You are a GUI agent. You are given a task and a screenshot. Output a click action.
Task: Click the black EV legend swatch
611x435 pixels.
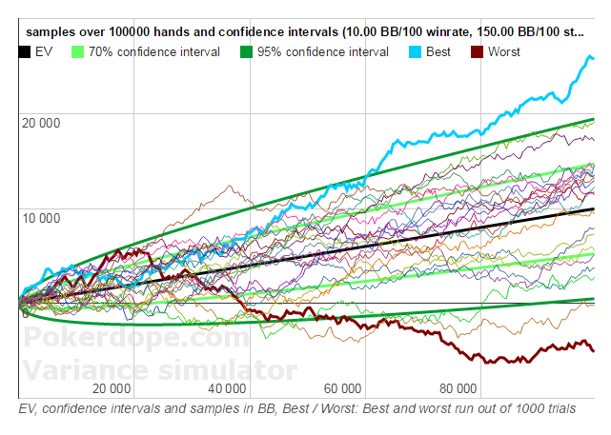coord(24,51)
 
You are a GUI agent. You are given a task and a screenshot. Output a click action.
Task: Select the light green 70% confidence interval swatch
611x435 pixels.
coord(78,51)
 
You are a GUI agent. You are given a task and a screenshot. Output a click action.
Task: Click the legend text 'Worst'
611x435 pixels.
coord(504,51)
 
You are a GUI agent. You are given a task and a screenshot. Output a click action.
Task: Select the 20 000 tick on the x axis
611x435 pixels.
coord(112,388)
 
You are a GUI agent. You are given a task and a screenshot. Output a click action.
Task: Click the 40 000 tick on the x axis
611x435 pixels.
coord(227,388)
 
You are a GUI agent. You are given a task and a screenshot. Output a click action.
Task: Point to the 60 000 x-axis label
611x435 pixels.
coord(342,388)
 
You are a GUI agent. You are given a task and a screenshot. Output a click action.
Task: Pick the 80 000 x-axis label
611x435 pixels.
coord(458,388)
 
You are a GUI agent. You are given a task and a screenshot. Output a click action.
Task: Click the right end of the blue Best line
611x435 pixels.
coord(593,59)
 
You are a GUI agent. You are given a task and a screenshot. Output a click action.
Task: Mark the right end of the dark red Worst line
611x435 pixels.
coord(593,350)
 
